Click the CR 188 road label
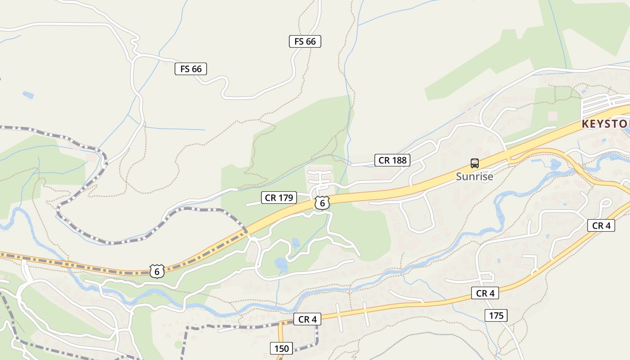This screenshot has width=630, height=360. point(392,160)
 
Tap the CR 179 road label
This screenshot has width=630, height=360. point(279,198)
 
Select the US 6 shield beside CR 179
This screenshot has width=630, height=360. point(322,203)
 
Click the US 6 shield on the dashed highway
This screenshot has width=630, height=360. point(157,271)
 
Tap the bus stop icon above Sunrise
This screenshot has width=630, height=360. point(474,163)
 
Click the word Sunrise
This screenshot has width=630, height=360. point(474,176)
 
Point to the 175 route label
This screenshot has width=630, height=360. point(496,315)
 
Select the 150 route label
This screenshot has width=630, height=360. point(281,348)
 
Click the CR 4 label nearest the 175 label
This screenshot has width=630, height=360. point(485,293)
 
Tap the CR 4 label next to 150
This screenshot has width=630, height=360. point(307,319)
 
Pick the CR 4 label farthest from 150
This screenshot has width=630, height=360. point(601,226)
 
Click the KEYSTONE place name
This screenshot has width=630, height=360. point(605,124)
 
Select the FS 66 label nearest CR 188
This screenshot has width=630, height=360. point(305,42)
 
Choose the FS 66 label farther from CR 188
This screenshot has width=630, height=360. point(190,69)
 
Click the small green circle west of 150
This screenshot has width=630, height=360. point(179,345)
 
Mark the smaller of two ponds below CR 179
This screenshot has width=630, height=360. point(296,243)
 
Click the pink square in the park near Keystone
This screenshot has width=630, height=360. point(553,116)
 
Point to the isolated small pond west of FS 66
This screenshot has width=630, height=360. point(28,95)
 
